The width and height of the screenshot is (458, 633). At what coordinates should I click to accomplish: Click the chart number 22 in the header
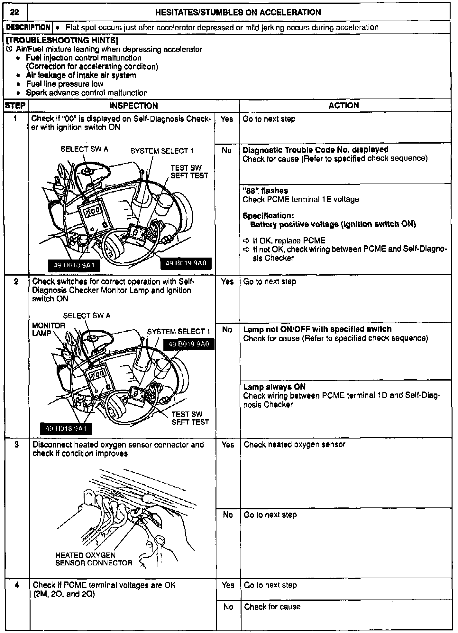14,13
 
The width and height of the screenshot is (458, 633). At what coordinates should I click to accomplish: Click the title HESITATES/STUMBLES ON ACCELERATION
238,13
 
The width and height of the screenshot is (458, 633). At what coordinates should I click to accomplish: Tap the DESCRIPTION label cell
28,27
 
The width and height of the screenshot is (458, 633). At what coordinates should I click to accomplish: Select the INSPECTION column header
133,106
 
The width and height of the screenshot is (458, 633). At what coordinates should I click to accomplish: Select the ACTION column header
343,106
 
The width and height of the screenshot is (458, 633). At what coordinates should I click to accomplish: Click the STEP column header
15,106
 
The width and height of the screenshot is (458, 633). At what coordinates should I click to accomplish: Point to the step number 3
17,444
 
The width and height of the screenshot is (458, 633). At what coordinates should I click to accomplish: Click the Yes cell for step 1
227,119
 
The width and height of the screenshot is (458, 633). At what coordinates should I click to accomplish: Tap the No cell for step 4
228,607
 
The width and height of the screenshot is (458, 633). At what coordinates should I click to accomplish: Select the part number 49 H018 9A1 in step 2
66,429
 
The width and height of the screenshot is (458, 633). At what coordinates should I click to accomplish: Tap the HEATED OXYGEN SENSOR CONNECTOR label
93,559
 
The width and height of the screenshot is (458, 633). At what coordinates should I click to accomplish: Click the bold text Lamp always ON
274,387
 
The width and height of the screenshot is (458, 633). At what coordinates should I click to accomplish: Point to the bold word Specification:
268,216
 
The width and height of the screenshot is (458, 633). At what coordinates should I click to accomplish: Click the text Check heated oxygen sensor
294,445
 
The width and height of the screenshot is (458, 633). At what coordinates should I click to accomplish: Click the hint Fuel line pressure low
65,84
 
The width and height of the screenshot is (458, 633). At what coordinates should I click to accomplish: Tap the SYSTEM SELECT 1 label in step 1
162,151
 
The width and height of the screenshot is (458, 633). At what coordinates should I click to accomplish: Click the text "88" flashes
265,191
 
